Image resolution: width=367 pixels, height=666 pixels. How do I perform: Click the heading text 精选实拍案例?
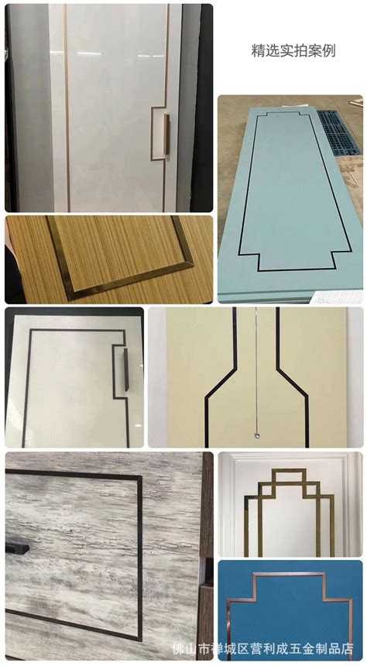tap(293, 51)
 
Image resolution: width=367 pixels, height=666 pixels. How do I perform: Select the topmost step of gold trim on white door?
tap(280, 471)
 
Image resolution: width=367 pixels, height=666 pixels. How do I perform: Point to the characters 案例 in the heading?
tap(324, 51)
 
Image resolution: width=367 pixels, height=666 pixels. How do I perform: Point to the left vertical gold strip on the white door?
tap(67, 108)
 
